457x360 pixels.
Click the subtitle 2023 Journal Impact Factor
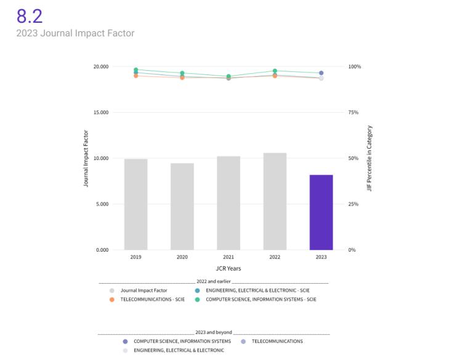click(x=75, y=33)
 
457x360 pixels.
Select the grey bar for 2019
click(x=135, y=204)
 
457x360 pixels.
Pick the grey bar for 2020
click(x=182, y=206)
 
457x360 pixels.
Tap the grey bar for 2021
click(x=228, y=203)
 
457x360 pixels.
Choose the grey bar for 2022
click(x=275, y=201)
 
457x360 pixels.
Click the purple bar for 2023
click(x=321, y=212)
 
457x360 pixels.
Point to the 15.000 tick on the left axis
click(x=100, y=113)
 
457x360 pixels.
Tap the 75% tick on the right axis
click(x=354, y=113)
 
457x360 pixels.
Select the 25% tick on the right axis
click(x=354, y=204)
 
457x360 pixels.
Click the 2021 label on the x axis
click(x=228, y=257)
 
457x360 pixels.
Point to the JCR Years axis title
click(x=228, y=268)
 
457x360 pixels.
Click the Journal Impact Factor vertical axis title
click(x=86, y=158)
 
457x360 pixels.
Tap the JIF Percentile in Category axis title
click(x=370, y=158)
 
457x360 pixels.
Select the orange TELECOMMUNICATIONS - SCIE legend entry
click(x=152, y=300)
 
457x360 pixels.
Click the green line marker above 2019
click(x=135, y=70)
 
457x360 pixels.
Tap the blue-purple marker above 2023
click(x=321, y=73)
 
